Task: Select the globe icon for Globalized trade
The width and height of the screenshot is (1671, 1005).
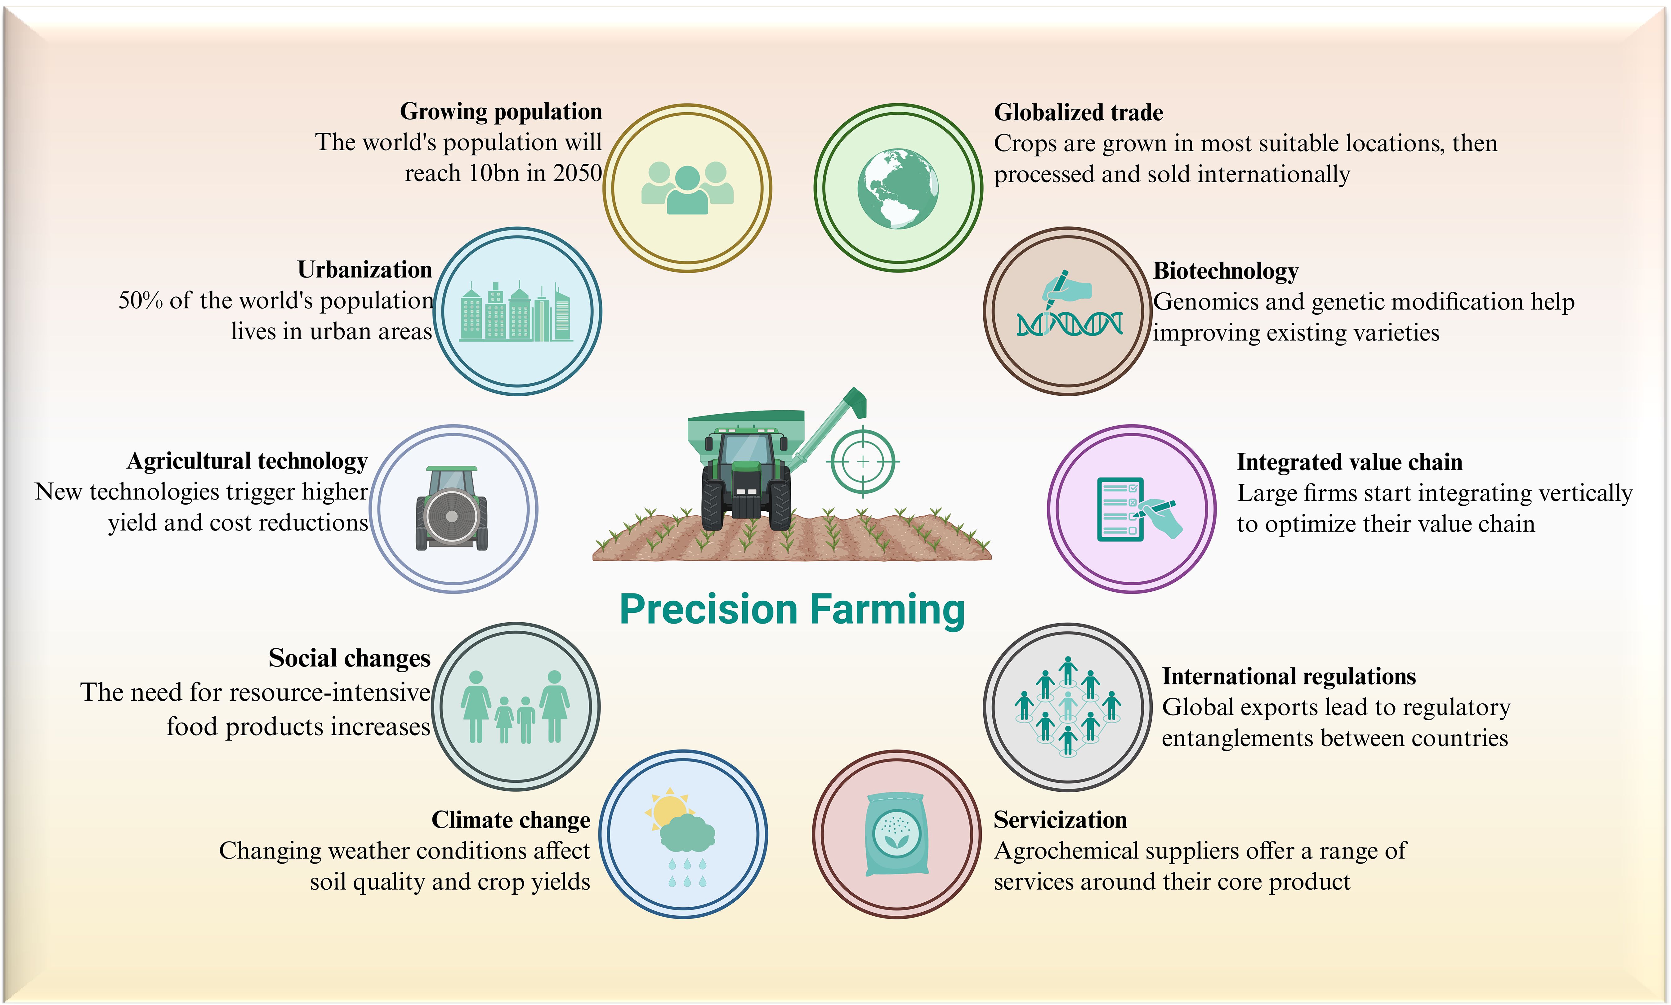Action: click(898, 188)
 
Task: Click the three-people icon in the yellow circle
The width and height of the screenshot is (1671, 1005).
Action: click(687, 188)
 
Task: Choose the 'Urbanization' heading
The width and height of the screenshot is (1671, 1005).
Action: click(364, 269)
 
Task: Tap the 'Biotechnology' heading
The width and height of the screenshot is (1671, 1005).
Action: click(1226, 271)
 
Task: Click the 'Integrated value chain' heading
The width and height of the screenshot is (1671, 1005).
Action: click(1349, 462)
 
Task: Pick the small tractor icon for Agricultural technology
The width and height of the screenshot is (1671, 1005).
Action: click(452, 508)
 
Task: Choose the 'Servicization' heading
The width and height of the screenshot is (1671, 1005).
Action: click(1060, 820)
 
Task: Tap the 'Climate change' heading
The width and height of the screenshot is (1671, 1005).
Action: click(511, 820)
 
